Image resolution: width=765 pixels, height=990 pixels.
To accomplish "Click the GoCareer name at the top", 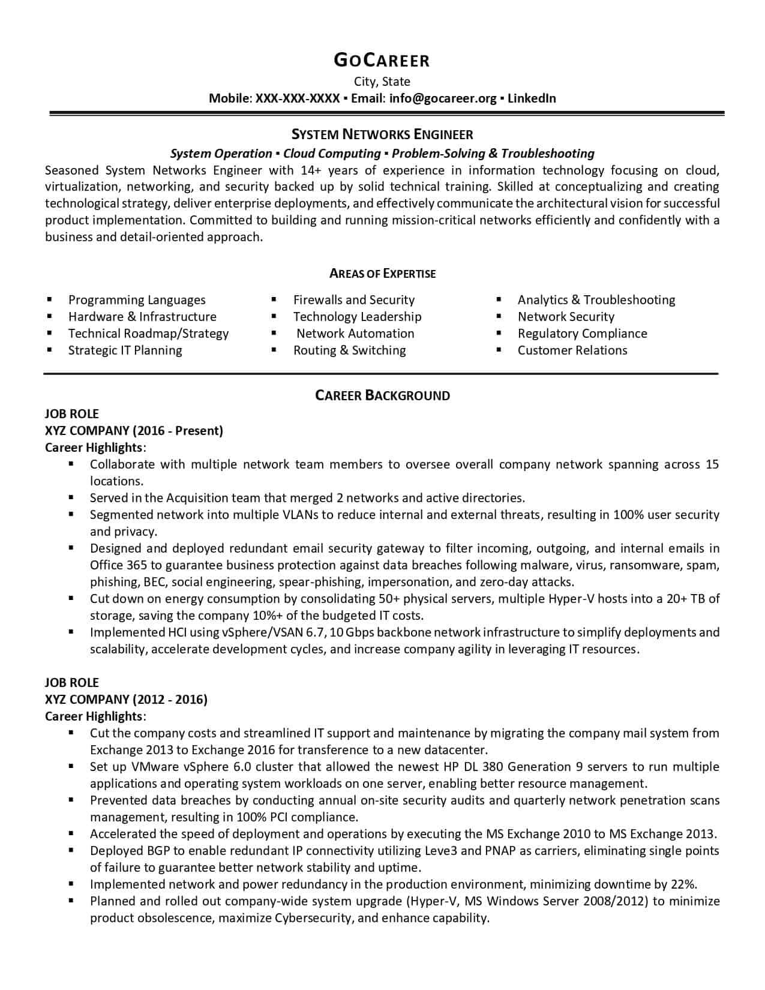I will click(382, 60).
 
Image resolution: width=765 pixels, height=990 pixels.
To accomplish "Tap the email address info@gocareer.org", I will click(443, 98).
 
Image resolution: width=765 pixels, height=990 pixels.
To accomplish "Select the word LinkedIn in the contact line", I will click(532, 98).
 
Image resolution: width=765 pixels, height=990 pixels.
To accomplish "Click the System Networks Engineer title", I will click(382, 134).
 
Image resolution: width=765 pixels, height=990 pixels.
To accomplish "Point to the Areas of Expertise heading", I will click(382, 274).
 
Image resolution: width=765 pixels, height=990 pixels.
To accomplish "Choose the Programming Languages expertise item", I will click(137, 300).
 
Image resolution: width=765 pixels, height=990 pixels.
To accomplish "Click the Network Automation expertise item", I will click(355, 334).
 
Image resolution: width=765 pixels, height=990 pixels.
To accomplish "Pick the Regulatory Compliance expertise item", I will click(582, 334).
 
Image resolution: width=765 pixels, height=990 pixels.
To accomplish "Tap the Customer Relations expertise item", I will click(572, 350).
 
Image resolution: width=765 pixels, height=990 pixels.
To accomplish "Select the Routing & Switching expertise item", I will click(349, 350).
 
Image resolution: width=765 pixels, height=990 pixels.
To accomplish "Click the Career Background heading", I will click(382, 395).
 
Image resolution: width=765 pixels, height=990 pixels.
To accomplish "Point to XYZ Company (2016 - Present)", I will click(134, 430).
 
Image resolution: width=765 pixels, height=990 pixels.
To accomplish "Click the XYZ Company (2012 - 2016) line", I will click(126, 699).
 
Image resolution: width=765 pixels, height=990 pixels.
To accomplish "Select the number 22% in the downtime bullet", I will click(684, 884).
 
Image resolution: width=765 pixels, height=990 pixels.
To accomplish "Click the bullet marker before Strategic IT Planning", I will click(49, 350).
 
